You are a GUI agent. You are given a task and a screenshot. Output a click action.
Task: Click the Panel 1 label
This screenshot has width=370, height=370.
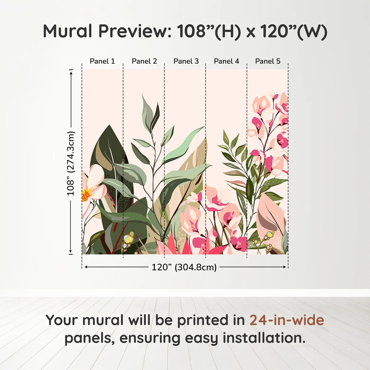tap(102, 61)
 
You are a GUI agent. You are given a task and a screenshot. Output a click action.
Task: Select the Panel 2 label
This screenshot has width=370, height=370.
tap(144, 61)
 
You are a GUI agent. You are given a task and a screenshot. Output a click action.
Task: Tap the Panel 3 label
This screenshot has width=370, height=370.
tap(186, 61)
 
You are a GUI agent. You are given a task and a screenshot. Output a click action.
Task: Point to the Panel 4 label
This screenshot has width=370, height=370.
tap(226, 61)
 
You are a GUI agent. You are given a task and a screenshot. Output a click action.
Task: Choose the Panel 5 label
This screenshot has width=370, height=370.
tap(268, 61)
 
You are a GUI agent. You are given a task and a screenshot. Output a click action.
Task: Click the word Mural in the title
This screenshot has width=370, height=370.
tap(67, 31)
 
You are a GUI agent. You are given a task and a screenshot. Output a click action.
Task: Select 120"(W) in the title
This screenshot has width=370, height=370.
tap(294, 31)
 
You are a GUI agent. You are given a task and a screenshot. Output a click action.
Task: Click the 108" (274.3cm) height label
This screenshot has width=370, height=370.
tap(71, 163)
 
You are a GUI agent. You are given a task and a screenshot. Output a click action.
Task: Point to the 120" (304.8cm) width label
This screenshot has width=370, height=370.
tap(184, 267)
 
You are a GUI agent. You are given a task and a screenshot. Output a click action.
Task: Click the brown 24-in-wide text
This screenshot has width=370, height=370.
tap(287, 320)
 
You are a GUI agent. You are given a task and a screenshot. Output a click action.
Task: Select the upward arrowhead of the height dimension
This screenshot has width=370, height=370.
tap(71, 72)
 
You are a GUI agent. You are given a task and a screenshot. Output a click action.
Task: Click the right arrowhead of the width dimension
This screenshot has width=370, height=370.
tap(285, 267)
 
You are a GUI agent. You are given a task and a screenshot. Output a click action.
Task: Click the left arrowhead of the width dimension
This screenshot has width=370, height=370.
tap(86, 267)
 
